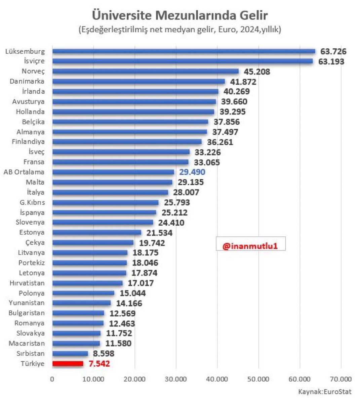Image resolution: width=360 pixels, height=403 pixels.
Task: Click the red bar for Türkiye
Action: click(68, 364)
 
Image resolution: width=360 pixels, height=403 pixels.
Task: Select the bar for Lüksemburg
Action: click(184, 51)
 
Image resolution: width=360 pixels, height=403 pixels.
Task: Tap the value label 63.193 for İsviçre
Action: click(331, 61)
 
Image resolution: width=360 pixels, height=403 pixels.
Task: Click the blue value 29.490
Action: click(192, 172)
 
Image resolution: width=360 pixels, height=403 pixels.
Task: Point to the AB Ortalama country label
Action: click(24, 172)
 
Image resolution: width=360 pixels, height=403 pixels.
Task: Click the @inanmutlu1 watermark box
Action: click(250, 246)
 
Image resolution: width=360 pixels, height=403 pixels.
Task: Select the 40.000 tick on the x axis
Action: click(217, 379)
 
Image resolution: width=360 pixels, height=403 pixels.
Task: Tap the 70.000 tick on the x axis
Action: click(341, 379)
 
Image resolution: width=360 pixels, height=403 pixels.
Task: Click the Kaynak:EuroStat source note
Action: click(324, 392)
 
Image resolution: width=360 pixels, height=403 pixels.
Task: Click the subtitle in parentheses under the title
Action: click(180, 30)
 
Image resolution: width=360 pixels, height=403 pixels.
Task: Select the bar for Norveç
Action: click(145, 71)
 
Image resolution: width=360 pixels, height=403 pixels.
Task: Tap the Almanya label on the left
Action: click(31, 132)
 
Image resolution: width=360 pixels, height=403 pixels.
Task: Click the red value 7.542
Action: click(99, 364)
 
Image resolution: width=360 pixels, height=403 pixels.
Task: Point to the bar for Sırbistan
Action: click(70, 353)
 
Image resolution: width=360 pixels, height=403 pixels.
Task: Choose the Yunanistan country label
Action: click(27, 303)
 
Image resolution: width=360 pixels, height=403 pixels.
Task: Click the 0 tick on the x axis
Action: click(52, 379)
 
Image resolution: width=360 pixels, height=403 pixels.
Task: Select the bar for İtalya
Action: click(110, 192)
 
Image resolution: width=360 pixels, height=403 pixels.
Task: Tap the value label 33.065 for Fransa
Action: click(207, 163)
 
